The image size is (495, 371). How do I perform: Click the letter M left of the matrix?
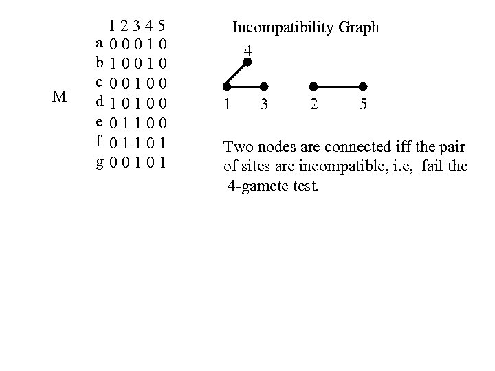click(59, 96)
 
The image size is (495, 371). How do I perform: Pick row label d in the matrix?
click(100, 104)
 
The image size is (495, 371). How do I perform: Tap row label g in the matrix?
click(100, 164)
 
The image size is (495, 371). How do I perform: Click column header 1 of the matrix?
click(111, 27)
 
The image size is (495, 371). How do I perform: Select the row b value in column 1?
click(111, 65)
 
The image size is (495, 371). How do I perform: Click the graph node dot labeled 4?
click(247, 62)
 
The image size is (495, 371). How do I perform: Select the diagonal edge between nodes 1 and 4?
click(237, 74)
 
